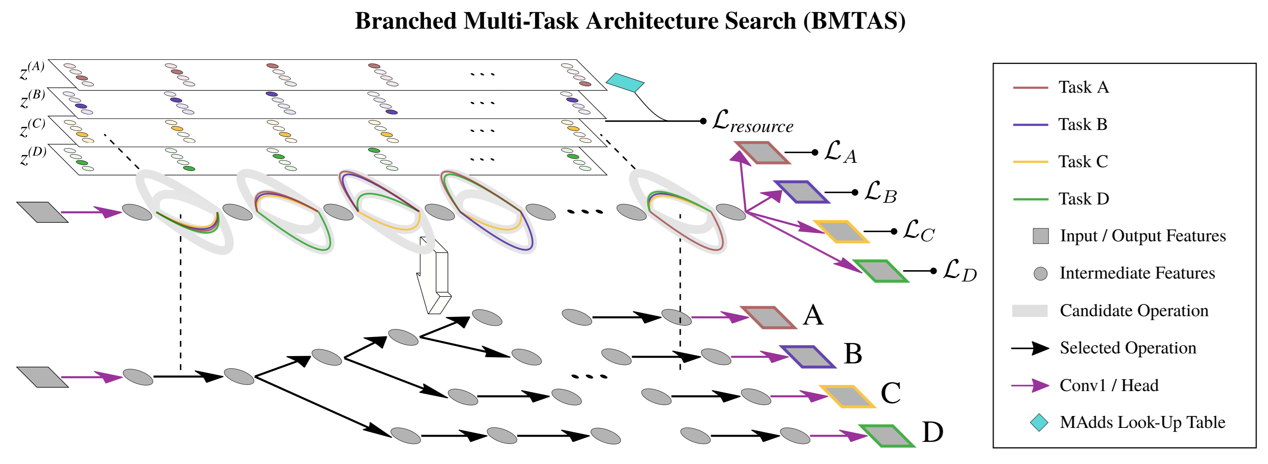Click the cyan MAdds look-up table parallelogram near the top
[625, 82]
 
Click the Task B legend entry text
[1083, 125]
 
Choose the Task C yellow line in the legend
[1030, 162]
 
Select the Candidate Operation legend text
[1134, 311]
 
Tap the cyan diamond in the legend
[1039, 423]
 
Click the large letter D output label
[932, 433]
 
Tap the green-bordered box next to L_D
[881, 271]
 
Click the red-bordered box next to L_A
[762, 152]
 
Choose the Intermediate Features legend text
[1137, 274]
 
